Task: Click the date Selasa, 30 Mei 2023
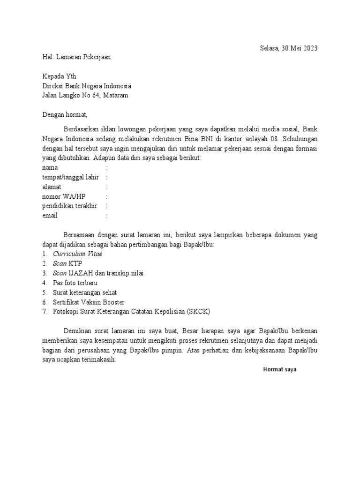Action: click(289, 48)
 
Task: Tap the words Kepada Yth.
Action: click(58, 77)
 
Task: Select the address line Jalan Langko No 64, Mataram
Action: click(85, 96)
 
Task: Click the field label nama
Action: click(50, 167)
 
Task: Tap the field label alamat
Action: click(52, 187)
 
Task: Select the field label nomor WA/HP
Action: click(64, 196)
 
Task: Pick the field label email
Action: click(50, 216)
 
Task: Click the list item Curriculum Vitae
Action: click(77, 254)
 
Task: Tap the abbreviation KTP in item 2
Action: click(75, 263)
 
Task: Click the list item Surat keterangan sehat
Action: click(84, 292)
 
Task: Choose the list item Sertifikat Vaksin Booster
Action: click(89, 302)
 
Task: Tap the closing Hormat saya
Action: click(280, 369)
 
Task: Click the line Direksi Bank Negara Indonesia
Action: click(87, 86)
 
